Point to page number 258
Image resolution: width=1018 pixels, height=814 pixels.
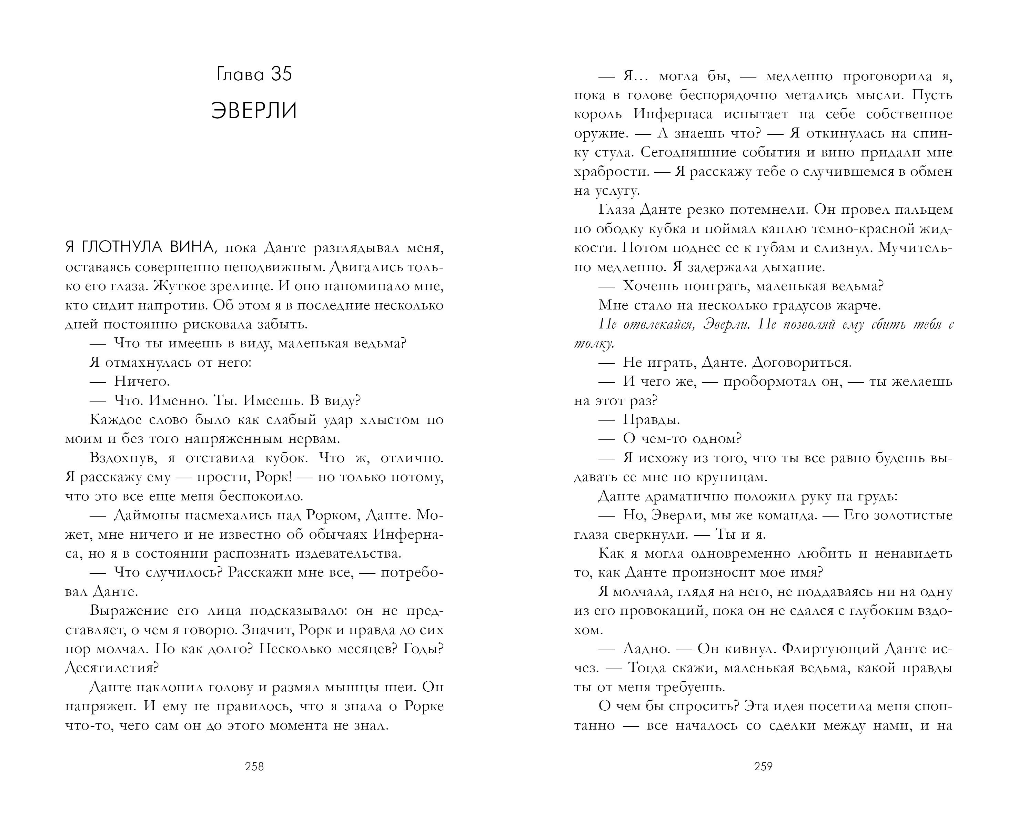[x=254, y=766]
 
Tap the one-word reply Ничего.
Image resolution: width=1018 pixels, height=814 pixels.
[x=142, y=381]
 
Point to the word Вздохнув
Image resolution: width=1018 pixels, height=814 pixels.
[x=125, y=458]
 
